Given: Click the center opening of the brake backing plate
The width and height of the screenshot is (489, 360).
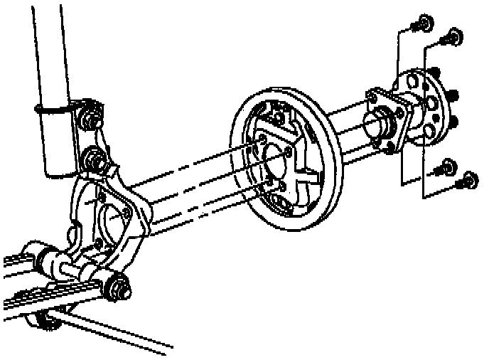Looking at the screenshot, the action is pyautogui.click(x=274, y=162).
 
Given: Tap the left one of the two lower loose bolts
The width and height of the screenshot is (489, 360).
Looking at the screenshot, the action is pyautogui.click(x=446, y=168).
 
